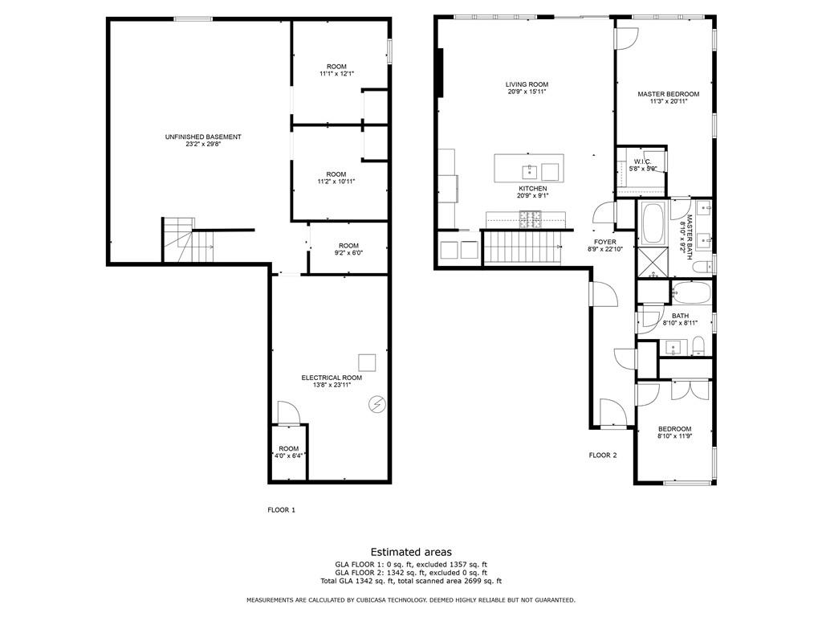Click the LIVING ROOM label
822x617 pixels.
pyautogui.click(x=527, y=84)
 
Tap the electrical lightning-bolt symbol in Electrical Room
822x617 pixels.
pyautogui.click(x=376, y=404)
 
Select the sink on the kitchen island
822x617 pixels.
pyautogui.click(x=530, y=171)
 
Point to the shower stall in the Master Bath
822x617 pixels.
pyautogui.click(x=653, y=263)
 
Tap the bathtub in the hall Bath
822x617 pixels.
pyautogui.click(x=691, y=292)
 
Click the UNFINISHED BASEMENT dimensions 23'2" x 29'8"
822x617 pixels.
pyautogui.click(x=203, y=145)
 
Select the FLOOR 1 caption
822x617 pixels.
pyautogui.click(x=282, y=509)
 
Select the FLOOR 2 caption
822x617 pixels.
pyautogui.click(x=603, y=455)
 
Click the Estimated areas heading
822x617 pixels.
pyautogui.click(x=410, y=552)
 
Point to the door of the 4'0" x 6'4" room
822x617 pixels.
pyautogui.click(x=288, y=413)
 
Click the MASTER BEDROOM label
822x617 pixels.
pyautogui.click(x=668, y=94)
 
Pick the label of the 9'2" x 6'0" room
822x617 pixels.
pyautogui.click(x=348, y=246)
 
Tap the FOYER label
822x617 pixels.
pyautogui.click(x=604, y=241)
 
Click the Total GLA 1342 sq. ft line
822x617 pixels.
pyautogui.click(x=410, y=581)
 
